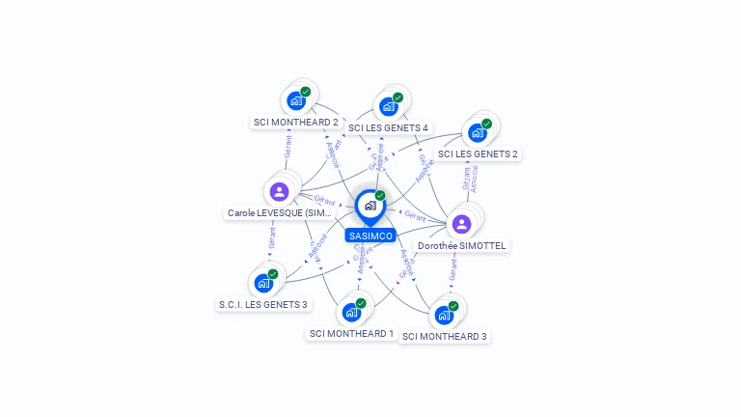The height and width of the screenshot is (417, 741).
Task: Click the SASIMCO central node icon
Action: [x=370, y=206]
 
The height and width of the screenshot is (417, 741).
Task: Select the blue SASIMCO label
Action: [x=370, y=236]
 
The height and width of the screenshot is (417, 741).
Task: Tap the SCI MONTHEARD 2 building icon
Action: [x=296, y=100]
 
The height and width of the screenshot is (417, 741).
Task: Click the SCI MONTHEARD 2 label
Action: [x=295, y=123]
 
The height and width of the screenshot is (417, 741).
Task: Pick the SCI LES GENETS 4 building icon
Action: [x=389, y=105]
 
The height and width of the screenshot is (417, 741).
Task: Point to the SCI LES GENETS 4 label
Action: [x=388, y=127]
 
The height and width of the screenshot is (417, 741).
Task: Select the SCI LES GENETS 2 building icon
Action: [x=478, y=132]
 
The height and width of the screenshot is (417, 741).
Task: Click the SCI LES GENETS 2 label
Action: [x=478, y=153]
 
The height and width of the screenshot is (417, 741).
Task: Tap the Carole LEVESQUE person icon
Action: [x=280, y=191]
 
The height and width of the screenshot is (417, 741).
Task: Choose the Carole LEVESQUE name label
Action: [x=280, y=212]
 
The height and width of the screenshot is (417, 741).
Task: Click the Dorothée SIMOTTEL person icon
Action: [x=461, y=224]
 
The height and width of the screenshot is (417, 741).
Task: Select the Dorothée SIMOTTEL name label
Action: [x=461, y=245]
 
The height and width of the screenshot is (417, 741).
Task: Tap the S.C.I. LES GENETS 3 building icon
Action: [x=263, y=283]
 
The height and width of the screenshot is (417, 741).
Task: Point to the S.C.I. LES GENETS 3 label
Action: [x=262, y=305]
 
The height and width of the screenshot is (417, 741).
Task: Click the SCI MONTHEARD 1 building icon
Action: [x=351, y=312]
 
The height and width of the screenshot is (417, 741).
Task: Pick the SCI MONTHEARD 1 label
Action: [x=351, y=334]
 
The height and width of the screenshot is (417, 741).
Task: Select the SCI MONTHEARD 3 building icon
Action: [x=444, y=315]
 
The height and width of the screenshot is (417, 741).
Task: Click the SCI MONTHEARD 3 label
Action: [x=445, y=337]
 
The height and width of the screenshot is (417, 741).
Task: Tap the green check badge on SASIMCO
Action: [x=380, y=196]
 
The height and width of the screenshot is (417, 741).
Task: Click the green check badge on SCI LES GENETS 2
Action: [x=487, y=124]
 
